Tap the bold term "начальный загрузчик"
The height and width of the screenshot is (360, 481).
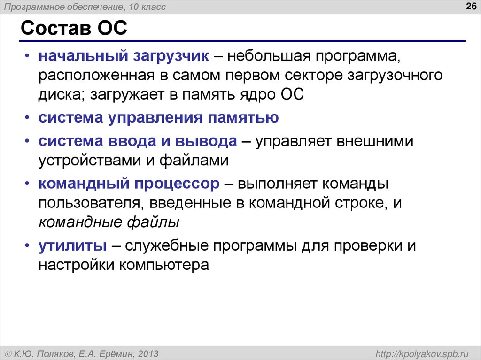(123, 56)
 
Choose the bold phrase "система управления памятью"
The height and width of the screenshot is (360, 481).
(159, 117)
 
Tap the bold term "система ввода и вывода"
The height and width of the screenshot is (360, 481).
(138, 141)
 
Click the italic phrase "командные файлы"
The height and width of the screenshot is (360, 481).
(109, 222)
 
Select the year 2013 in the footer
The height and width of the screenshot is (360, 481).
(149, 353)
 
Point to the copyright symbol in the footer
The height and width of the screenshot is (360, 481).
(8, 353)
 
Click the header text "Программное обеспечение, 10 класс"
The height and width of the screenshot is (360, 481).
(85, 7)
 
